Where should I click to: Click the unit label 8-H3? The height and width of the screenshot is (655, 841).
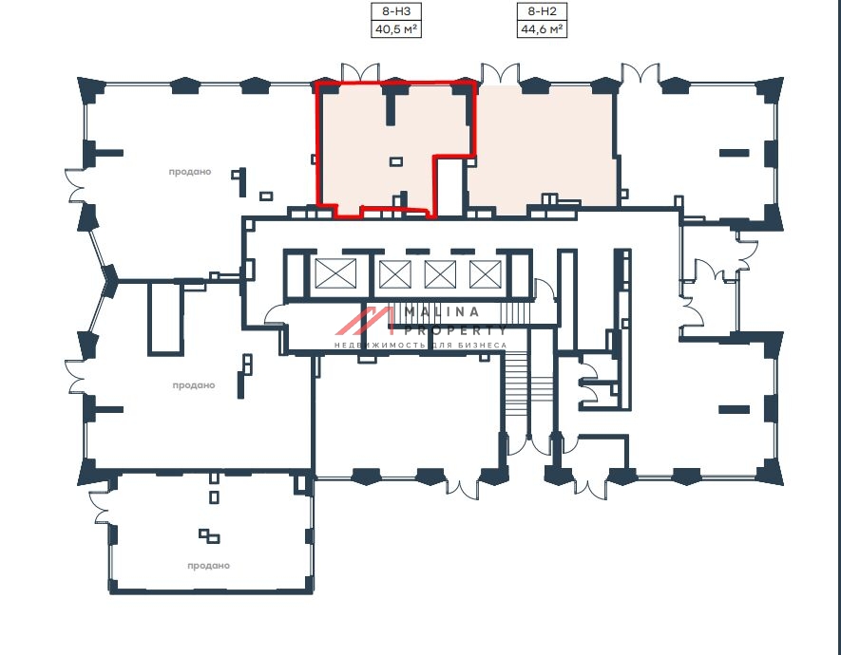click(x=396, y=12)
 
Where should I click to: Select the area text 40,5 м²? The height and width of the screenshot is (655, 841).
click(x=396, y=29)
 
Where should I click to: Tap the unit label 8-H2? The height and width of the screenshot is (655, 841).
click(x=542, y=12)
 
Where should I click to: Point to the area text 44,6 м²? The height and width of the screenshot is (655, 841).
click(x=542, y=29)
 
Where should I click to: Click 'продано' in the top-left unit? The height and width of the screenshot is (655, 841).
click(x=189, y=172)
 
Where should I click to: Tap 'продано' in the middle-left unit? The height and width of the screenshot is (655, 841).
click(x=194, y=385)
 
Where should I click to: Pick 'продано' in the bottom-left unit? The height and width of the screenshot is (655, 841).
click(x=209, y=566)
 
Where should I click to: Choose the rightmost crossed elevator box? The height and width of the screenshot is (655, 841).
click(x=485, y=274)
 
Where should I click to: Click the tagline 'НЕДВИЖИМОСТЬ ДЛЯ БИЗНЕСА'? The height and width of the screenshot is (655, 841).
click(x=421, y=346)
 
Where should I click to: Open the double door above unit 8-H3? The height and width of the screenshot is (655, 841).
click(x=360, y=73)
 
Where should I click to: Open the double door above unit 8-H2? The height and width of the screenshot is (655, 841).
click(x=500, y=73)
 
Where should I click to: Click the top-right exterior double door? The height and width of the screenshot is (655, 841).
click(x=640, y=73)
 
